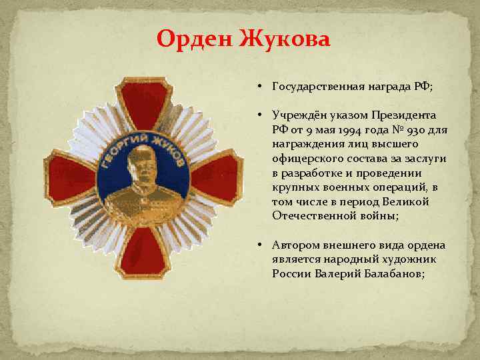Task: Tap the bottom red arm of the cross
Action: [x=142, y=257]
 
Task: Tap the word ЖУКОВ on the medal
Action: [x=173, y=148]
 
